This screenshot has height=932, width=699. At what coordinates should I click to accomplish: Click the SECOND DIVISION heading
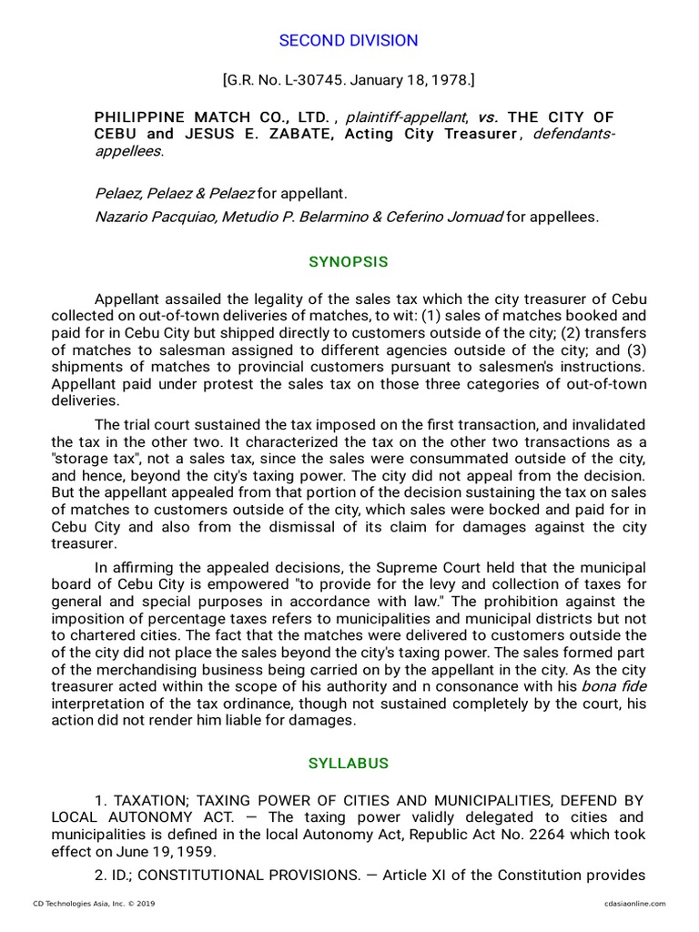coord(349,41)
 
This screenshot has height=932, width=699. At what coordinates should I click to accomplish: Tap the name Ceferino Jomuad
coord(446,217)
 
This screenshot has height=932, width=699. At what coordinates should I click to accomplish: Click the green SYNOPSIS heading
coord(349,262)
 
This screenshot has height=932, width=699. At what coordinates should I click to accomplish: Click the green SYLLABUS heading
coord(349,764)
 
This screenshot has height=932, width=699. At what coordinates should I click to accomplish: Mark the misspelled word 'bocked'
coord(526,510)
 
